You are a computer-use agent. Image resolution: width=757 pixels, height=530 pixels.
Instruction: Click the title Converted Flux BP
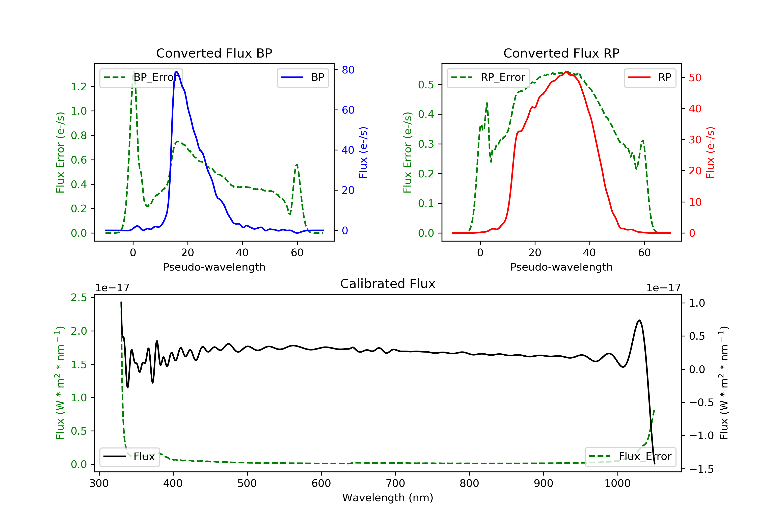pos(214,53)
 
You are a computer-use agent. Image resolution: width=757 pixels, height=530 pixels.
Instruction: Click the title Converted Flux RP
pos(561,53)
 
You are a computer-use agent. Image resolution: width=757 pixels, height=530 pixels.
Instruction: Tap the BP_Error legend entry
pos(141,77)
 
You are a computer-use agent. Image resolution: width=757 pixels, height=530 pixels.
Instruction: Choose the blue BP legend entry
pos(303,77)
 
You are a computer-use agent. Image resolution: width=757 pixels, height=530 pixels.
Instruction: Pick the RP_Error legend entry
pos(488,77)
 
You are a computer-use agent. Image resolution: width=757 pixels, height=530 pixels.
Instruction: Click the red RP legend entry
pos(650,77)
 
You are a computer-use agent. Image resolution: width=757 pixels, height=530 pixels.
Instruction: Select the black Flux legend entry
pos(129,457)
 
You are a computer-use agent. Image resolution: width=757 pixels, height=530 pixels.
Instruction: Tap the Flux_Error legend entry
pos(630,457)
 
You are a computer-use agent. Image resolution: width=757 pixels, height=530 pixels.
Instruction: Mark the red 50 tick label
pos(695,78)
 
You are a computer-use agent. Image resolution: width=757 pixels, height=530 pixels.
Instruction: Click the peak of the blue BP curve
pos(177,72)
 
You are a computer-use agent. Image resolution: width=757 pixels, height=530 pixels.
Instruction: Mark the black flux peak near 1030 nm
pos(640,320)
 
